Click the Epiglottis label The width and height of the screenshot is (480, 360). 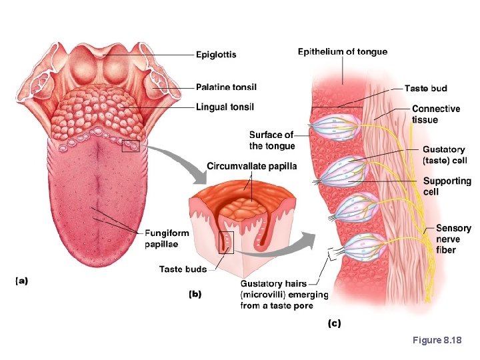click(x=216, y=55)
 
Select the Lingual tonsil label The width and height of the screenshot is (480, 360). click(x=225, y=107)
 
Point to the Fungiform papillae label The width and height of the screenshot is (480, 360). click(x=167, y=239)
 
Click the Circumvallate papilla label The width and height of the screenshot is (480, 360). click(x=252, y=166)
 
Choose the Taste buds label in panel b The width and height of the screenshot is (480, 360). click(x=183, y=269)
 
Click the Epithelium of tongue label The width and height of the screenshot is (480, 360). click(x=342, y=51)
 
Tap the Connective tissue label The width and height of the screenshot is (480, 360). click(x=435, y=114)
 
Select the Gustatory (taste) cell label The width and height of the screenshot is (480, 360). click(x=445, y=155)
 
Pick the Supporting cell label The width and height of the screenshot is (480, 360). click(x=446, y=187)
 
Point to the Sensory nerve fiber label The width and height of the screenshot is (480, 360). click(x=453, y=239)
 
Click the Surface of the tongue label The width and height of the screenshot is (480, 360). click(x=271, y=141)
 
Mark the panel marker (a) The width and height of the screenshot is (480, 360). click(x=22, y=281)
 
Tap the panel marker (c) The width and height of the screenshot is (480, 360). click(x=334, y=323)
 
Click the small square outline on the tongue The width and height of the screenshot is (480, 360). click(x=131, y=144)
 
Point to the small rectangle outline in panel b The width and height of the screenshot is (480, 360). click(x=227, y=243)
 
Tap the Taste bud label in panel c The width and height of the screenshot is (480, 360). click(x=425, y=88)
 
